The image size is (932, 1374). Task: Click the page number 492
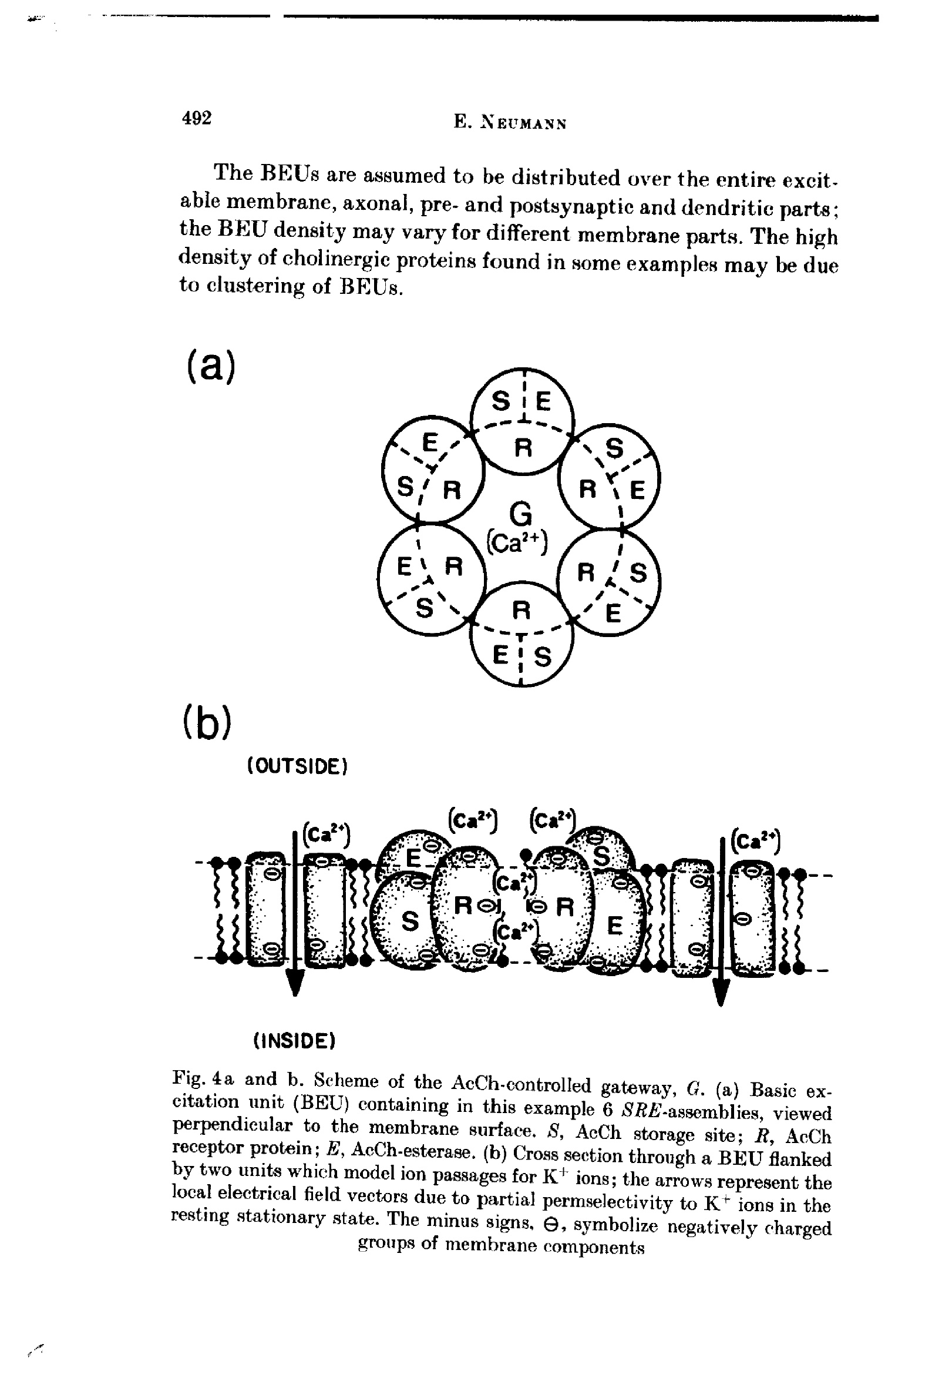[x=196, y=118]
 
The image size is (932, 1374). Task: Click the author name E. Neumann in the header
[x=510, y=123]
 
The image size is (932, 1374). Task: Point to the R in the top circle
[x=521, y=449]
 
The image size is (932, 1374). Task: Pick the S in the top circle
[x=500, y=402]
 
